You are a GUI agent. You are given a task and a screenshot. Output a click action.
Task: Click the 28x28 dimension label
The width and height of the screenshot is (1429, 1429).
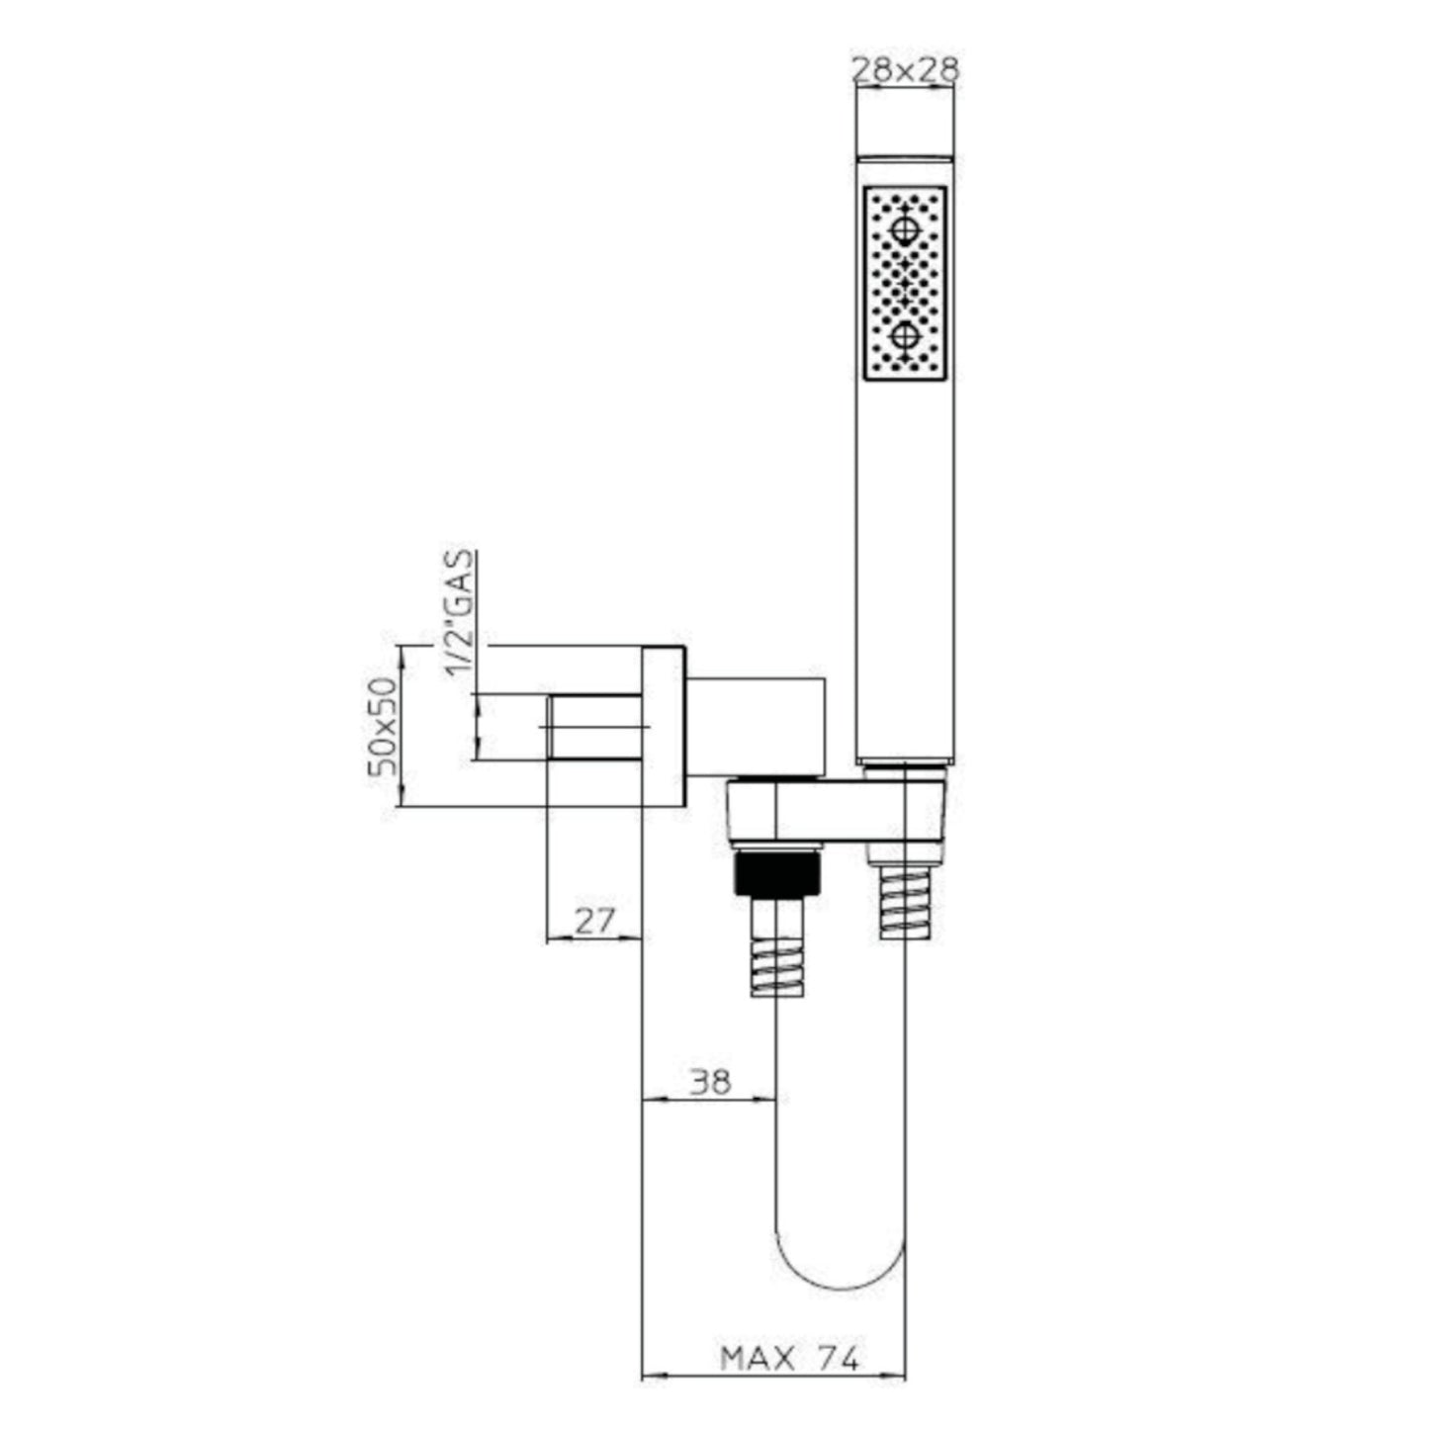click(x=904, y=70)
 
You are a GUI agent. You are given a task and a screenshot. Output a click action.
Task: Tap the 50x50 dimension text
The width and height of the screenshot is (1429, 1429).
click(x=384, y=726)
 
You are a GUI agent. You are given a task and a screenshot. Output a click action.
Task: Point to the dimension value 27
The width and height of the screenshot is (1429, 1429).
click(x=594, y=922)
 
